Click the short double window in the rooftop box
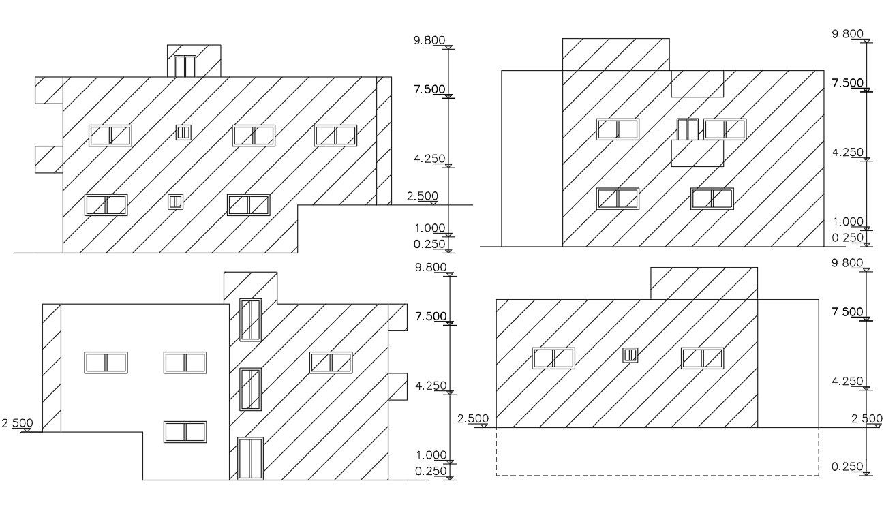tap(185, 66)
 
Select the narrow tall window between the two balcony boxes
tap(687, 129)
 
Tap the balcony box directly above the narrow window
tap(697, 83)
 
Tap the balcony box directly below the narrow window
tap(697, 153)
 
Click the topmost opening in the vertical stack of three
tap(251, 320)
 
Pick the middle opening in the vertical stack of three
tap(251, 389)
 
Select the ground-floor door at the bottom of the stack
tap(251, 459)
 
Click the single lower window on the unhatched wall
tap(185, 432)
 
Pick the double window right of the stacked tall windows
tap(331, 363)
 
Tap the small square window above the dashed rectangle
tap(630, 355)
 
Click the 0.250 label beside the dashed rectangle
tap(848, 467)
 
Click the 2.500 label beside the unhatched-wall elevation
tap(17, 423)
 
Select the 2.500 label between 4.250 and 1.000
tap(423, 196)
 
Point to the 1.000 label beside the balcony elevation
tap(848, 221)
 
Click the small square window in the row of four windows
tap(183, 132)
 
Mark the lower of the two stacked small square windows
tap(176, 202)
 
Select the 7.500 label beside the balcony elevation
tap(848, 83)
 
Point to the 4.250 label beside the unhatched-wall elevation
tap(430, 386)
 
